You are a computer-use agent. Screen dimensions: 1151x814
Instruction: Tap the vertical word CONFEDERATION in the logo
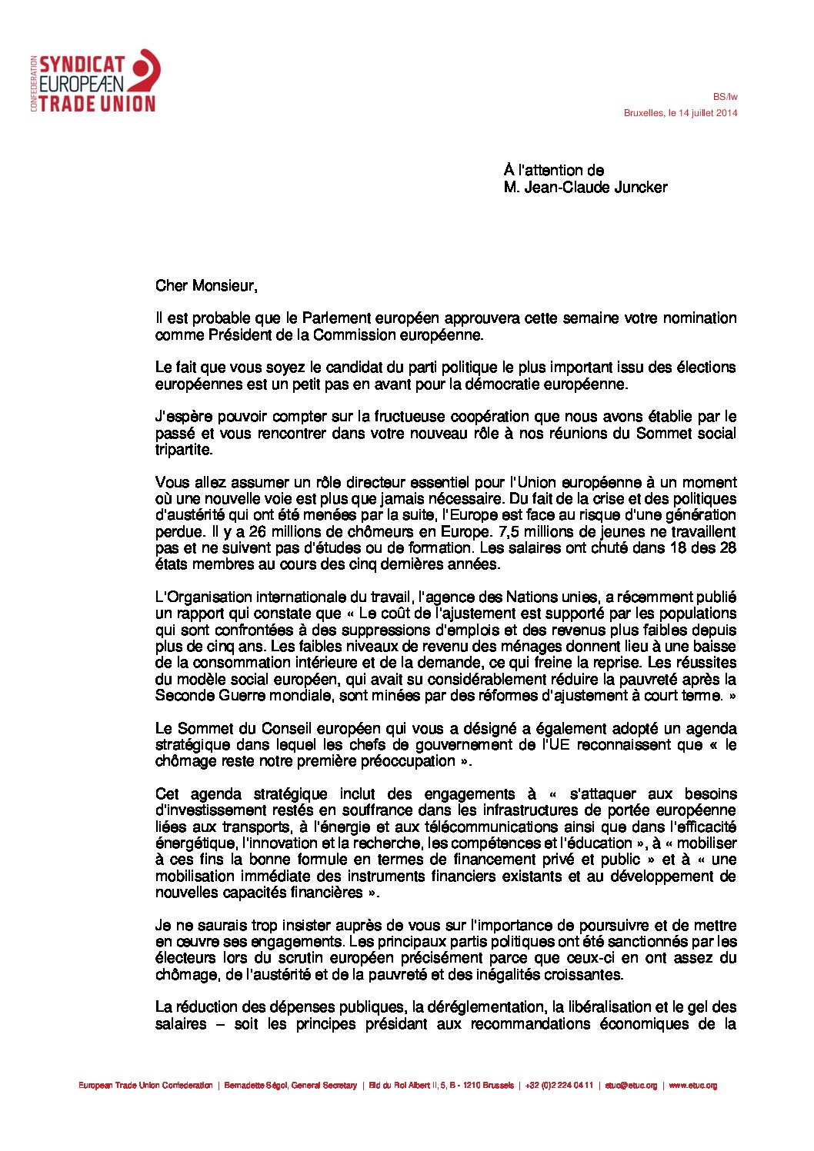coord(35,83)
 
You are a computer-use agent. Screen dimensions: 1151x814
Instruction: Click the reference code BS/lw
coord(725,97)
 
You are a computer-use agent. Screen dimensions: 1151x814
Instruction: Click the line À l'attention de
coord(554,171)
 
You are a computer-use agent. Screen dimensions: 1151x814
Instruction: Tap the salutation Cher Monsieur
coord(205,286)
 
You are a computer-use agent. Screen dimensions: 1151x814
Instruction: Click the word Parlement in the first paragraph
coord(336,318)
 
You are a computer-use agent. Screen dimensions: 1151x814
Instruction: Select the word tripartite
coord(183,450)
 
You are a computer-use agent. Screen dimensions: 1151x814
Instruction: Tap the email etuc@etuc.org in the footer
coord(631,1086)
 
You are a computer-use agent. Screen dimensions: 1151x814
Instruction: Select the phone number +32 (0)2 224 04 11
coord(559,1086)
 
